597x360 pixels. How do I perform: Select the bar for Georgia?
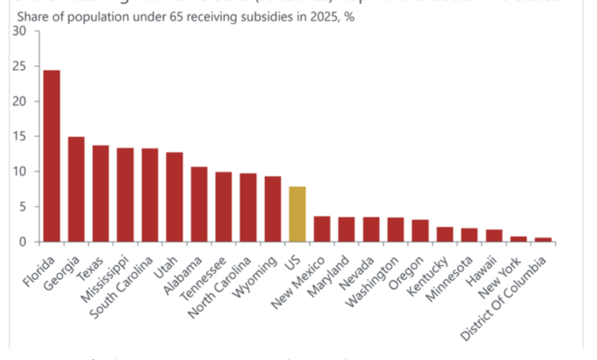click(x=77, y=189)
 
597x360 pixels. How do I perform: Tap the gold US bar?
click(x=298, y=214)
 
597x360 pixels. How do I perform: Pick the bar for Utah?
click(x=175, y=197)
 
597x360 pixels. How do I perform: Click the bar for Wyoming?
click(x=272, y=209)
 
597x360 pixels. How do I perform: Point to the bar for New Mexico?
click(x=322, y=229)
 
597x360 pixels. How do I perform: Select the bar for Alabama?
click(x=199, y=205)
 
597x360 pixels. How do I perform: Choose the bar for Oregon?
click(x=420, y=231)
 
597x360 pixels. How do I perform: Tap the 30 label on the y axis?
click(x=21, y=31)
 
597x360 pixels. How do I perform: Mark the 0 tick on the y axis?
click(x=24, y=242)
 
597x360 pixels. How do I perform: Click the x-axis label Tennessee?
click(x=210, y=273)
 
